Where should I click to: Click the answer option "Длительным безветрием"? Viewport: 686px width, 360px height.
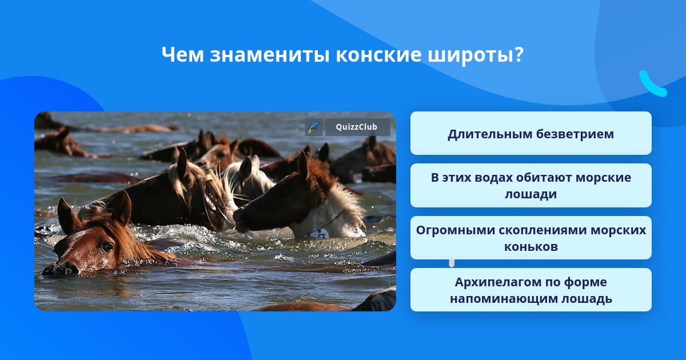point(531,133)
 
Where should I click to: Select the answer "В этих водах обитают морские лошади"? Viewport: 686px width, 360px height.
point(531,186)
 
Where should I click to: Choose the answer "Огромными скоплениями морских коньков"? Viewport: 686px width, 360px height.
point(531,238)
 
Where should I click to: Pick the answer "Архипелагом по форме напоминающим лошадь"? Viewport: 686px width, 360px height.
point(531,290)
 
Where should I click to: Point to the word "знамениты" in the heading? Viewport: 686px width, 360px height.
point(270,55)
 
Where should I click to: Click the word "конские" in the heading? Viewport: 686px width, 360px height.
point(378,55)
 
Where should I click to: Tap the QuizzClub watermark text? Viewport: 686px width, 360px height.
point(357,127)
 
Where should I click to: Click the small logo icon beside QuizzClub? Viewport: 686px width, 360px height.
point(313,127)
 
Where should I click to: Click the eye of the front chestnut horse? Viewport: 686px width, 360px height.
point(106,247)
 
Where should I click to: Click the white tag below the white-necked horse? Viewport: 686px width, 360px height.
point(320,234)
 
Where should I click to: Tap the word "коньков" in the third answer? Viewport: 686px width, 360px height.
point(531,246)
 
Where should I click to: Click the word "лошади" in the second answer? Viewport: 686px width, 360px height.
point(531,194)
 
